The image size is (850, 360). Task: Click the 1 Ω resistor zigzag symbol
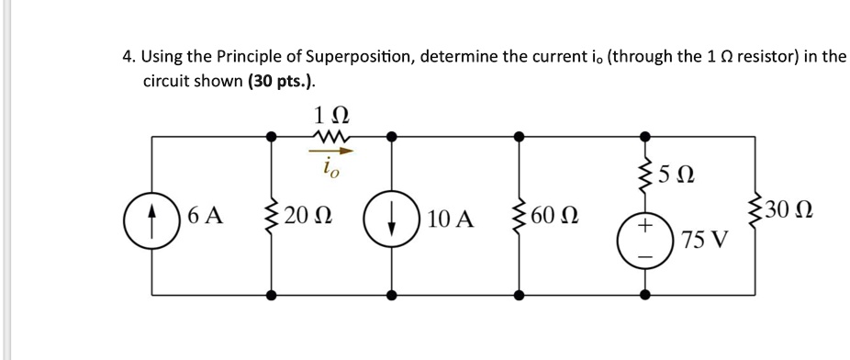tap(329, 138)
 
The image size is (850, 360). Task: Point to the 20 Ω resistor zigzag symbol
tap(272, 218)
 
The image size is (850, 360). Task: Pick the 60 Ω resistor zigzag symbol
tap(520, 218)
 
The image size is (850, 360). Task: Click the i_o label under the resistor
tap(328, 169)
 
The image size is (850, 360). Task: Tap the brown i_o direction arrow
tap(328, 152)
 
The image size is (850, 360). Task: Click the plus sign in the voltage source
tap(645, 225)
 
